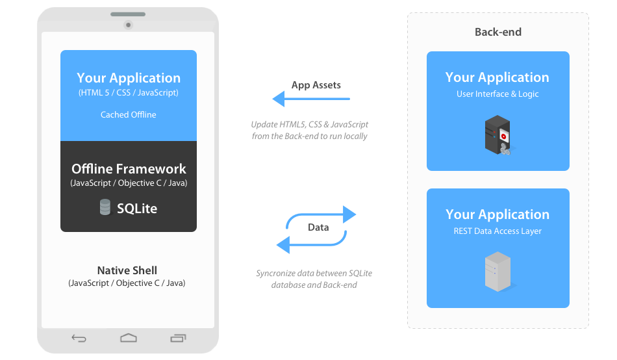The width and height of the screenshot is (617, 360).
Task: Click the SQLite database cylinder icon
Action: coord(105,207)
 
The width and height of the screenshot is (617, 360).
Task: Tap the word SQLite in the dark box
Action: coord(137,209)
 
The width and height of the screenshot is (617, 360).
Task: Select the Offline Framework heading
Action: coord(129,169)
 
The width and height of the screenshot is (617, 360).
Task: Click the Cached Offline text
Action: coord(129,115)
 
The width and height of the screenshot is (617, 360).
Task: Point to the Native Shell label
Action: coord(127,270)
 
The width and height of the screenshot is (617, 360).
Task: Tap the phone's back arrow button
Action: coord(79,338)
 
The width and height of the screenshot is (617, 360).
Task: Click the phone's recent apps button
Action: coord(178,338)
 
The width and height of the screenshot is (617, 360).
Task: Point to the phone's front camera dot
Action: coord(129,25)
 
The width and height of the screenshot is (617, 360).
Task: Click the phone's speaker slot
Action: coord(129,14)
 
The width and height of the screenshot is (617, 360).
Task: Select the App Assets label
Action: coord(316,85)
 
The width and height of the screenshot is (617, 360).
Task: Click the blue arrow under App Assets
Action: coord(310,99)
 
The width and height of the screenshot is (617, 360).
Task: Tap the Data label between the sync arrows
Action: coord(318,227)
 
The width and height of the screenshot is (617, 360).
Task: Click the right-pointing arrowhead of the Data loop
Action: coord(349,214)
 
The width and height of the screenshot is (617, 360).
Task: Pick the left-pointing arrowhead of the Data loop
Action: coord(284,244)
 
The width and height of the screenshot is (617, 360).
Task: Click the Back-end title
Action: coord(498,32)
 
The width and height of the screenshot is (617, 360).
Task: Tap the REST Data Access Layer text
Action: coord(497,231)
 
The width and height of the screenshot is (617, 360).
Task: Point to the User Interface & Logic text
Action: coord(497,94)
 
